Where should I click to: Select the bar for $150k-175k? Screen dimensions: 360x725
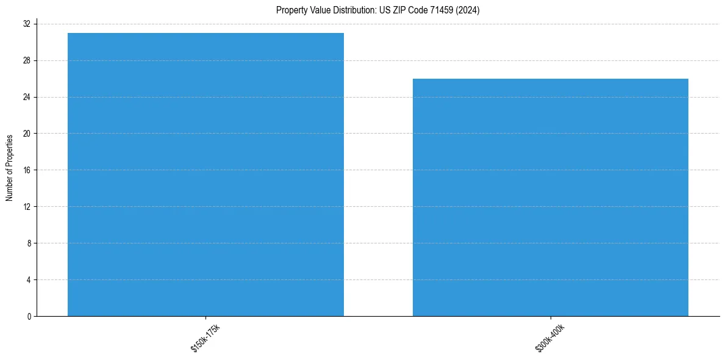click(x=205, y=175)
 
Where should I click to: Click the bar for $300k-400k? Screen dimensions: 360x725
click(x=551, y=197)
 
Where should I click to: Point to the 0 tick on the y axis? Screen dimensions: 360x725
click(x=29, y=316)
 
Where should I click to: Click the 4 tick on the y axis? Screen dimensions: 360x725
click(x=29, y=279)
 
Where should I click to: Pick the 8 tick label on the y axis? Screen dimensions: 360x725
click(x=29, y=243)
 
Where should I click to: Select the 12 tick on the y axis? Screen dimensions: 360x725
click(x=28, y=206)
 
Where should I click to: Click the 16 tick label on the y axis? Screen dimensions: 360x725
click(x=28, y=170)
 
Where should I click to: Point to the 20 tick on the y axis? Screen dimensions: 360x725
click(x=28, y=134)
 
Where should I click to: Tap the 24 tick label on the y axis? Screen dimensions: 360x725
click(x=28, y=97)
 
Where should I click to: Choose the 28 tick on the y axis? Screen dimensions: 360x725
click(x=28, y=60)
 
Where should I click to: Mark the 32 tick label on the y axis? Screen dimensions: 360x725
click(x=28, y=24)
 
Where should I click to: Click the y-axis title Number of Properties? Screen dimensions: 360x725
click(x=9, y=167)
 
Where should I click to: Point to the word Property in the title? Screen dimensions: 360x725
click(x=289, y=10)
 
